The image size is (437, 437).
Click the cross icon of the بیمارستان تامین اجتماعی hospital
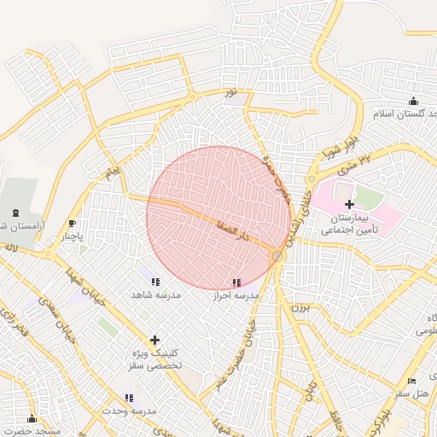pyautogui.click(x=349, y=204)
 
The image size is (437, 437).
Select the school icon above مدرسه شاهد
pyautogui.click(x=154, y=281)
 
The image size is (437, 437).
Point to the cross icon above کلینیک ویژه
pyautogui.click(x=154, y=339)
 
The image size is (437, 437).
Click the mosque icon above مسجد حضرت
pyautogui.click(x=32, y=418)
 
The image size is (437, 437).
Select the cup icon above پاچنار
pyautogui.click(x=73, y=224)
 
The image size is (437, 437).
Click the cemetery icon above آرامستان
pyautogui.click(x=17, y=212)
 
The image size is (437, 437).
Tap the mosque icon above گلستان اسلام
pyautogui.click(x=413, y=101)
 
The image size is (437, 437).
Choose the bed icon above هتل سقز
pyautogui.click(x=412, y=381)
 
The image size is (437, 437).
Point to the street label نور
pyautogui.click(x=230, y=91)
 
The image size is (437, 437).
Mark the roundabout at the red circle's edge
pyautogui.click(x=277, y=255)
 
